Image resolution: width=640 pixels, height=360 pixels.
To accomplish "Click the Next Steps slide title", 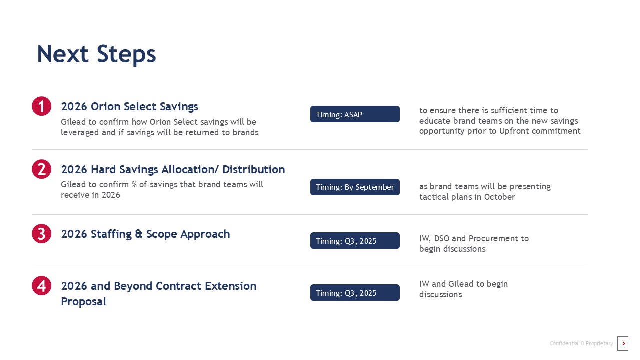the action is click(x=96, y=54).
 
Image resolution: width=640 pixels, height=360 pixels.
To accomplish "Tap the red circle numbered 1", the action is click(x=41, y=106).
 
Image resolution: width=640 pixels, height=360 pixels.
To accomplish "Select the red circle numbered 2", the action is click(x=41, y=169).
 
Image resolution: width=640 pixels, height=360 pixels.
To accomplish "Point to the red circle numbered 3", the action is click(x=41, y=233).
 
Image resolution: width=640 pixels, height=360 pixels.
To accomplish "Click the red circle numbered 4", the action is click(x=41, y=285).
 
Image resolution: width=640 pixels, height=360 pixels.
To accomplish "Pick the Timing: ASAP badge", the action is click(x=355, y=114).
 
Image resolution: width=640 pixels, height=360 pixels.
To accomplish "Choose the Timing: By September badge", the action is click(x=355, y=187).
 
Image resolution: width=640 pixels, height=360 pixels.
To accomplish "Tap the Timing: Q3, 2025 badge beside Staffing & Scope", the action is click(x=355, y=241).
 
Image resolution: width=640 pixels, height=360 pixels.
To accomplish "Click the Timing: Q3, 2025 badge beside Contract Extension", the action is click(x=355, y=293).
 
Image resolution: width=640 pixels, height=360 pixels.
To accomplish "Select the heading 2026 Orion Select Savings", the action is click(x=129, y=106).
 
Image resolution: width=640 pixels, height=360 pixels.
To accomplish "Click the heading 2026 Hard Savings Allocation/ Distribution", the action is click(x=173, y=169).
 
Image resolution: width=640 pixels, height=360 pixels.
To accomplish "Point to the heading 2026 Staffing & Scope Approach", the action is click(x=145, y=234).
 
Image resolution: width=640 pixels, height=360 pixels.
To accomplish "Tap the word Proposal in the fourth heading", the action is click(x=83, y=302).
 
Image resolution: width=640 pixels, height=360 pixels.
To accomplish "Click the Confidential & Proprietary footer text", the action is click(x=581, y=343).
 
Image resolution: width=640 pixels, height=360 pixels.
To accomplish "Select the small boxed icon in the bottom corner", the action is click(x=623, y=343).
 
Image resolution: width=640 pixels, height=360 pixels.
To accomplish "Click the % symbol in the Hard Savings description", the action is click(x=134, y=184).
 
